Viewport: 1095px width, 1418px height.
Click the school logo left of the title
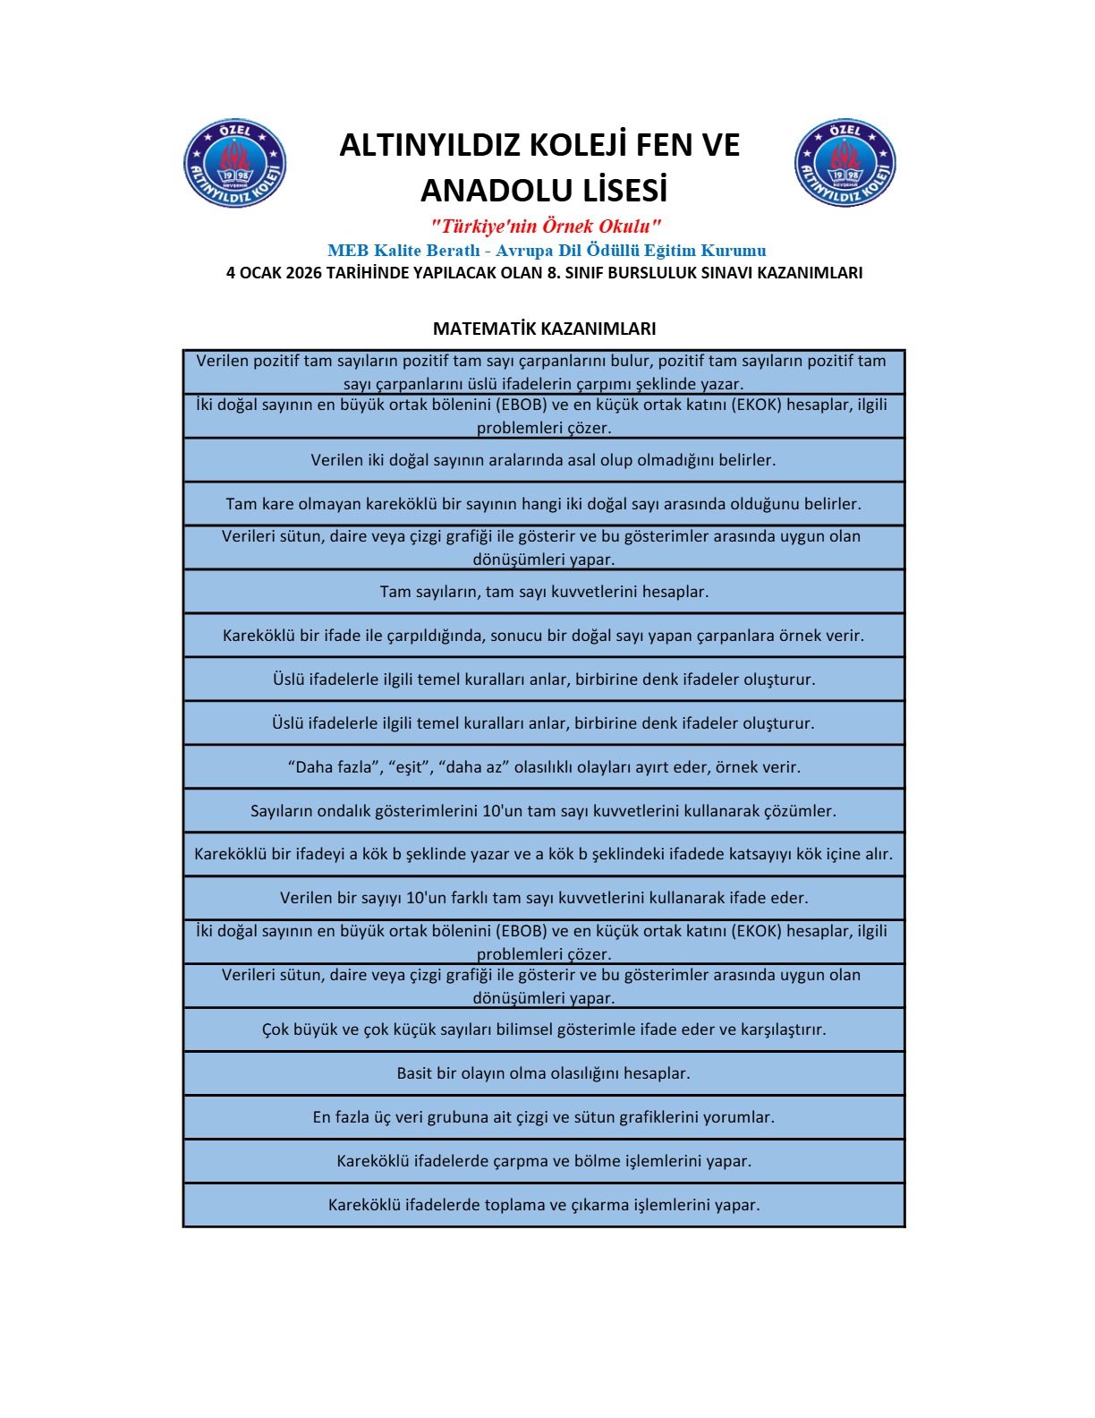click(x=234, y=164)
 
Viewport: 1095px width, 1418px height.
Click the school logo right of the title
click(x=845, y=164)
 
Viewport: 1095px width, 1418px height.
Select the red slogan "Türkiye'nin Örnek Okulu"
click(x=546, y=226)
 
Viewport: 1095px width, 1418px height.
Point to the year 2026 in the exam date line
click(x=303, y=273)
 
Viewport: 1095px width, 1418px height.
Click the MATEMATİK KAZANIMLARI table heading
click(x=544, y=329)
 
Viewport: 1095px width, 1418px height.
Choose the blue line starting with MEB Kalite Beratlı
click(x=546, y=251)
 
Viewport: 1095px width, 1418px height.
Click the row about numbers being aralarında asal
click(x=543, y=460)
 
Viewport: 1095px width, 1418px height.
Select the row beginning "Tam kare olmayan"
click(x=543, y=504)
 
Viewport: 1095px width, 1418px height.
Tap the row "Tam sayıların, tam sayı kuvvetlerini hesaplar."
click(x=543, y=592)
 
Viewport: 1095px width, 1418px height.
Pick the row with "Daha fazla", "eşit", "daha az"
click(x=543, y=767)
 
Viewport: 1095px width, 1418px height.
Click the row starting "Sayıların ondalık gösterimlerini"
click(x=543, y=811)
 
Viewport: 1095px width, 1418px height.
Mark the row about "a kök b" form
click(x=543, y=854)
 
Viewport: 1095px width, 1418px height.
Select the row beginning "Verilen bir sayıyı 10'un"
click(x=543, y=898)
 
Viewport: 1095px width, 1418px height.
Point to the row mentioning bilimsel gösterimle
click(x=543, y=1029)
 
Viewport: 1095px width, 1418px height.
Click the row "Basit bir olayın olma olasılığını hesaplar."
click(x=543, y=1073)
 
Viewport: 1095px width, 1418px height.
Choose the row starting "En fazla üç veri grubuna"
click(x=543, y=1117)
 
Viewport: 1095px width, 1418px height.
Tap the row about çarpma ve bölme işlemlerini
click(x=543, y=1161)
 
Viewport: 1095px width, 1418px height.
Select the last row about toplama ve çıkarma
click(x=543, y=1205)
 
